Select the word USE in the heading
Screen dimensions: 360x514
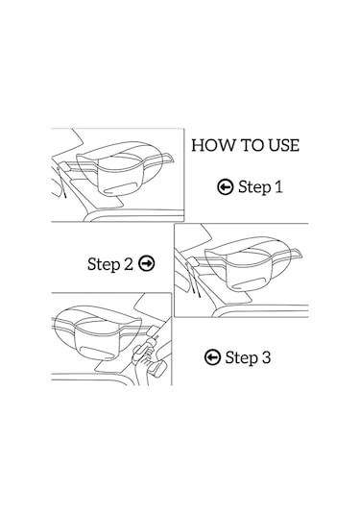tap(284, 145)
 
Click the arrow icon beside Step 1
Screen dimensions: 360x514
tap(226, 186)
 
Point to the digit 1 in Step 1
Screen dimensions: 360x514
tap(278, 187)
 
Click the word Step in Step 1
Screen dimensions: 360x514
tap(254, 188)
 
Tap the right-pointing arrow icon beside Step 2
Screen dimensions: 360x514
tap(147, 263)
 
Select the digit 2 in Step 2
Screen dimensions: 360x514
tap(129, 264)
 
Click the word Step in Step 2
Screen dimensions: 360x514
tap(105, 264)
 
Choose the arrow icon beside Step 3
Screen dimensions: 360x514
tap(212, 357)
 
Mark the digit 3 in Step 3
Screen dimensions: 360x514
tap(266, 357)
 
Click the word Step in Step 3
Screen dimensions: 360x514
tap(242, 358)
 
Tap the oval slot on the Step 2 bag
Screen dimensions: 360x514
tap(250, 282)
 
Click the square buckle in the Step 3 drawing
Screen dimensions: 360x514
tap(153, 330)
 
